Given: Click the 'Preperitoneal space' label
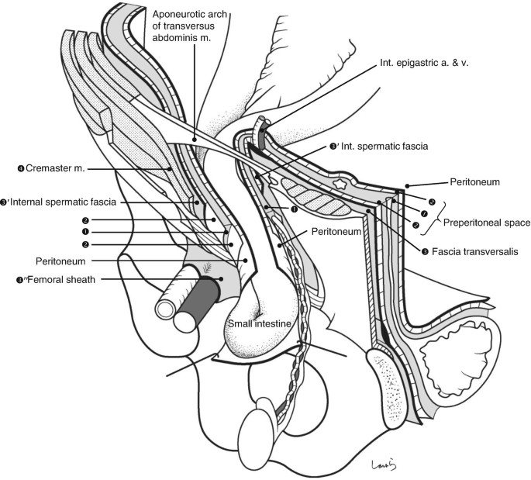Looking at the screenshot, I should coord(487,223).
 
